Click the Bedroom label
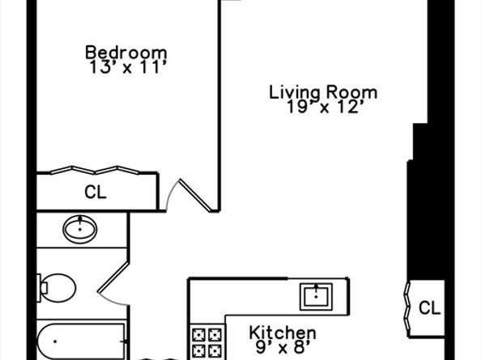(126, 53)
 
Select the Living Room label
(323, 92)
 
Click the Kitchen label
(283, 332)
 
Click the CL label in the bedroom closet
(96, 192)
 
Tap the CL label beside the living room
(429, 307)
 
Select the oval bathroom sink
(80, 229)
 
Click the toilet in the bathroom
(57, 288)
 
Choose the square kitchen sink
(316, 297)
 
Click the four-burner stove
(207, 342)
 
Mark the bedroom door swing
(192, 195)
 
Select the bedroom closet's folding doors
(95, 171)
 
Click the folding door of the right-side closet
(407, 307)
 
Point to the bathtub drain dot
(55, 341)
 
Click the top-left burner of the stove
(198, 335)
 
